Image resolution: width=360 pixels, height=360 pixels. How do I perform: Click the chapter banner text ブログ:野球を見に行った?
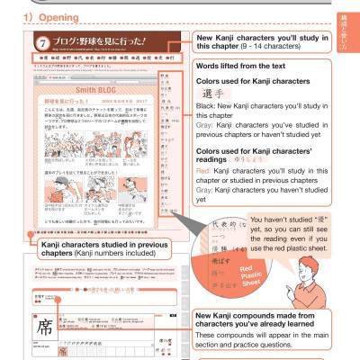91,43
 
